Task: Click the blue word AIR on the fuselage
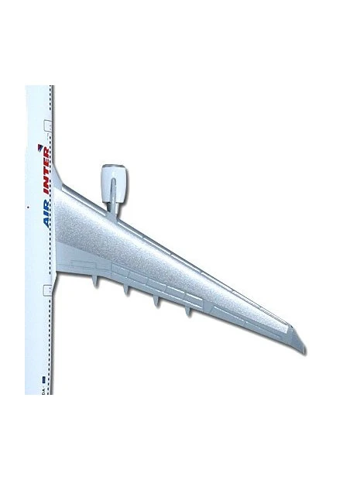46,213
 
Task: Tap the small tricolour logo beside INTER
39,148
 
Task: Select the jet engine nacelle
114,183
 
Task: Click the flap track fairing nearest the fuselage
96,281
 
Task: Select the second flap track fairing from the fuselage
126,290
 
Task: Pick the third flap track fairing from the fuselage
156,301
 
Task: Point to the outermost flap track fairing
188,311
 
